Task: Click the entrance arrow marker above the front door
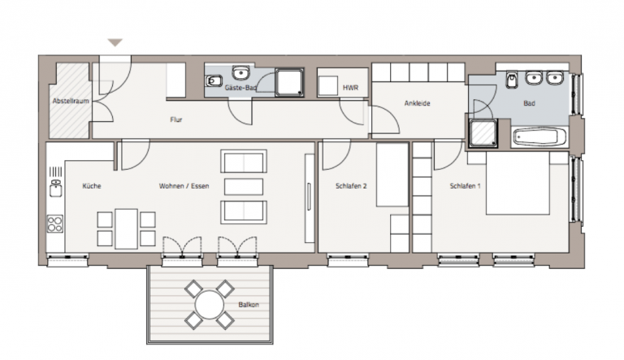tap(115, 42)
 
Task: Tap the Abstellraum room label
tap(71, 101)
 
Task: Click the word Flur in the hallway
tap(175, 119)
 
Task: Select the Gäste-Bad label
tap(240, 88)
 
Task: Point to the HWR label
tap(351, 88)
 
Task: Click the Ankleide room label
tap(417, 103)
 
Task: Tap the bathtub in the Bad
tap(540, 137)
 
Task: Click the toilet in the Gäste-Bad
tap(214, 81)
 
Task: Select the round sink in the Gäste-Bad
tap(240, 73)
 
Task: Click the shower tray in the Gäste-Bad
tap(289, 82)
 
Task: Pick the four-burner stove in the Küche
tap(55, 223)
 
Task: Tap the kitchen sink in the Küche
tap(56, 188)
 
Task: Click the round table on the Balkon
tap(210, 305)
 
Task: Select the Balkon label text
tap(249, 305)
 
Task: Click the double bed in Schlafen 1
tap(518, 183)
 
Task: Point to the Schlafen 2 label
tap(351, 186)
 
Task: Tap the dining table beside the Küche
tap(126, 229)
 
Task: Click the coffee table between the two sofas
tap(244, 187)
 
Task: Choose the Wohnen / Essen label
tap(184, 186)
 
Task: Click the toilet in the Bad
tap(511, 80)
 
